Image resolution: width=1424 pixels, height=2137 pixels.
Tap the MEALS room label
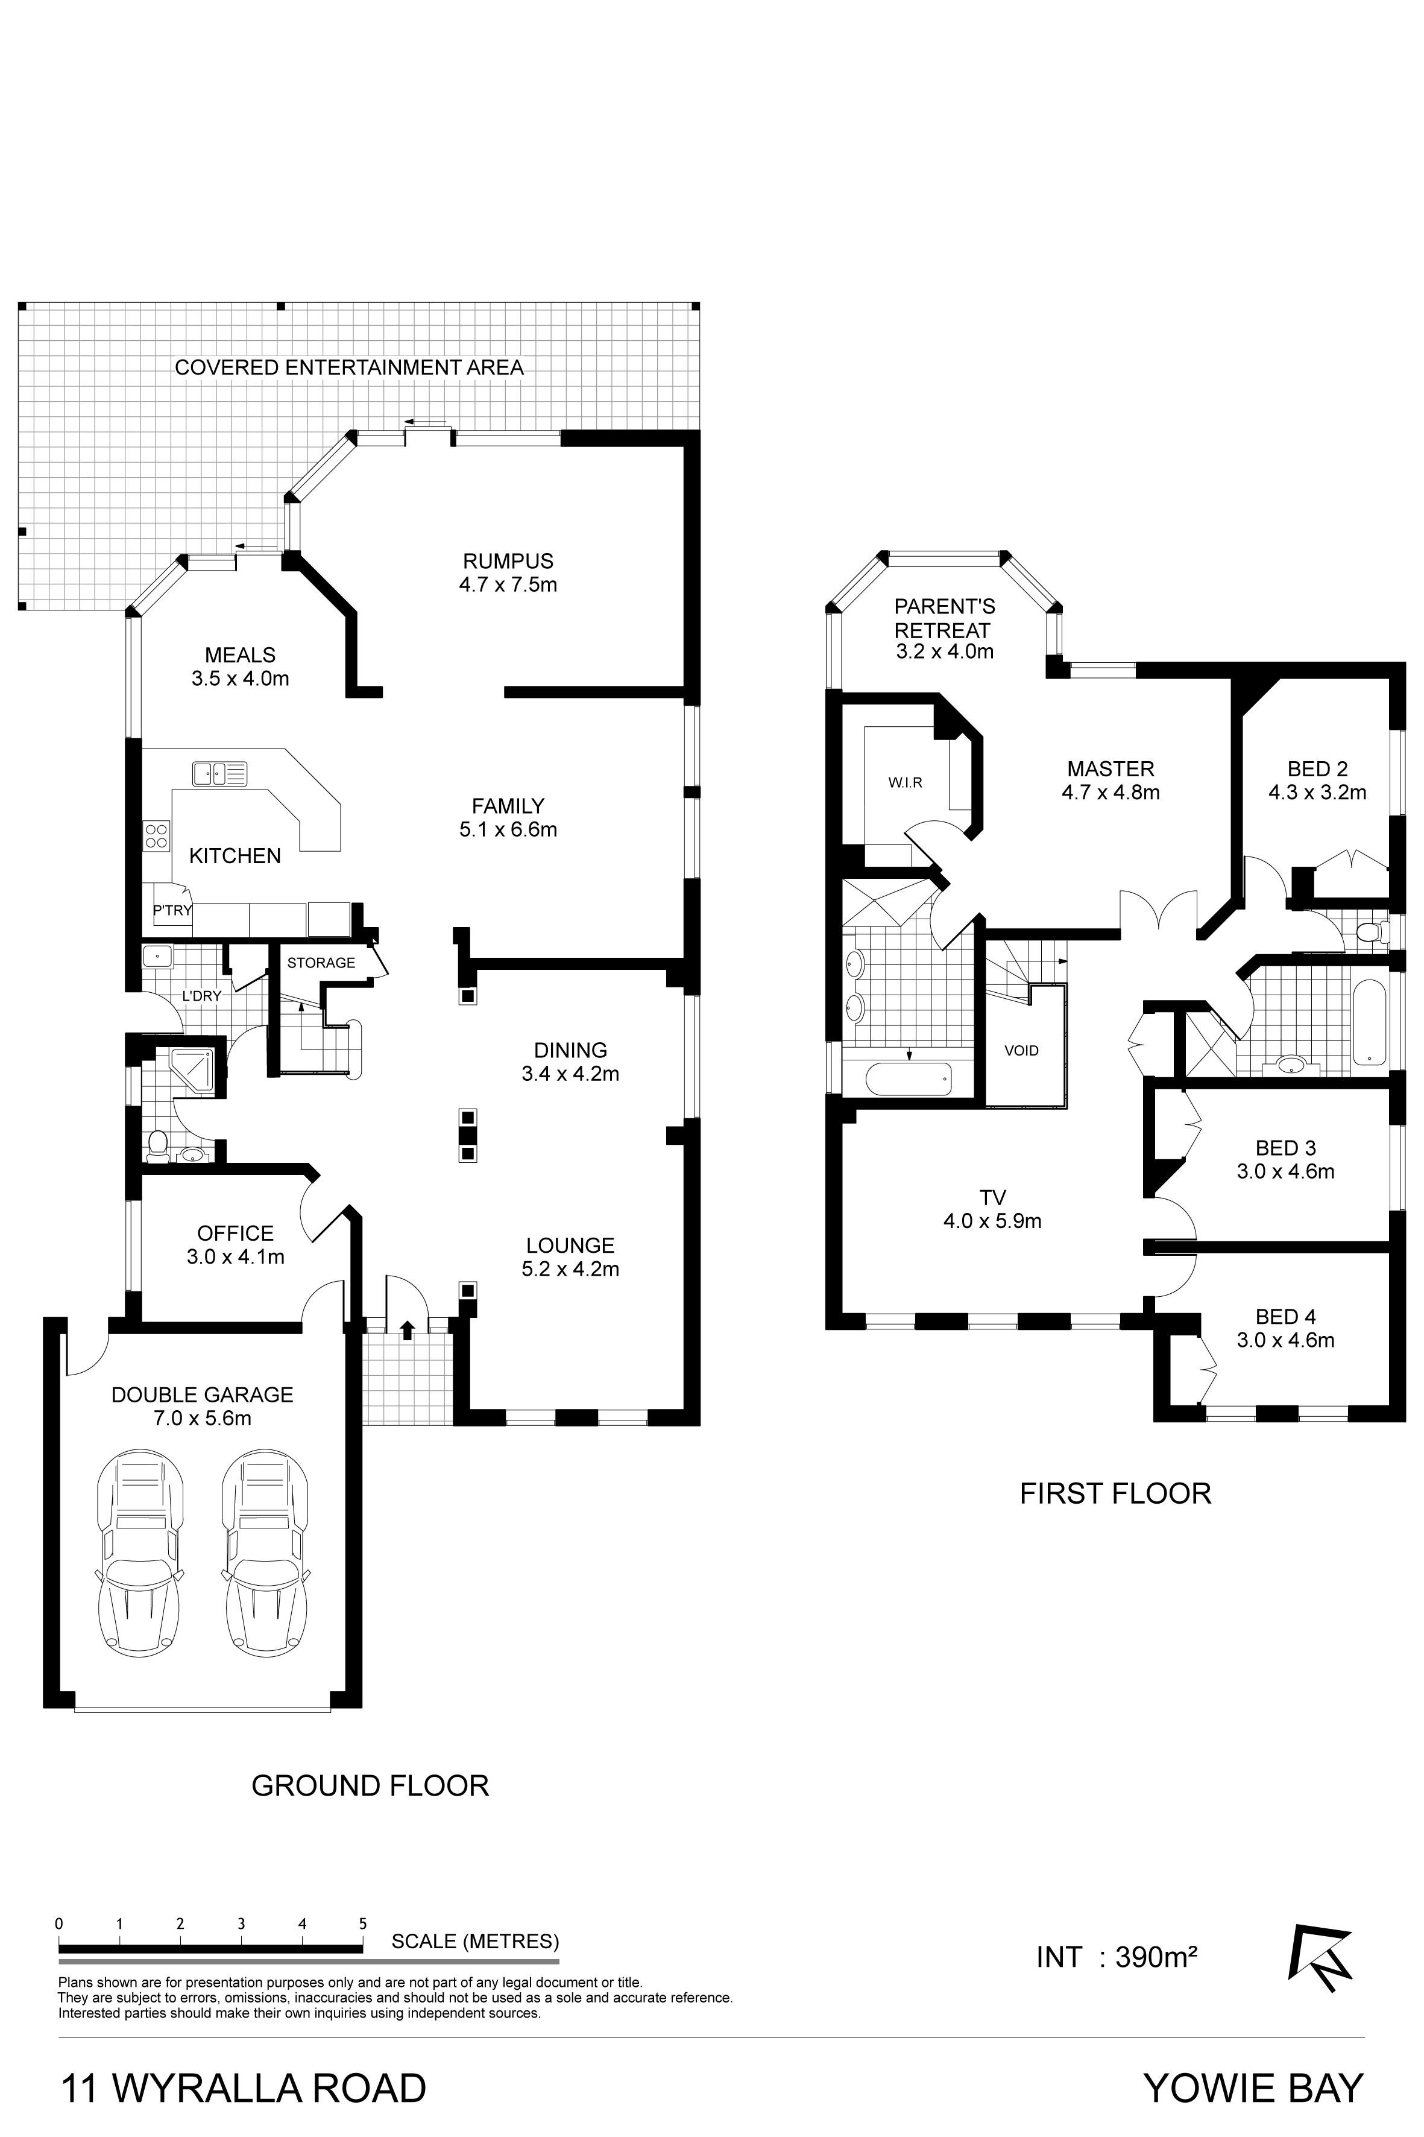click(240, 654)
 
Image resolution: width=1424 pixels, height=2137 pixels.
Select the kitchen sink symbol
click(219, 774)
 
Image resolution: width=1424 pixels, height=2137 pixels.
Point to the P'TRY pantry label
click(172, 910)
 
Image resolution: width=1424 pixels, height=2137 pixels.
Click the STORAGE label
click(321, 962)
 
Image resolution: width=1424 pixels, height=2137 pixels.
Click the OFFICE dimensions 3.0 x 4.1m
click(235, 1256)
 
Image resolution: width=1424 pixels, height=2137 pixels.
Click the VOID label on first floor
click(1022, 1050)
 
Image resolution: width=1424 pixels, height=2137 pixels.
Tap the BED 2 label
click(1317, 768)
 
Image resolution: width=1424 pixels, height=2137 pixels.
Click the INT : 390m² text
click(1116, 1956)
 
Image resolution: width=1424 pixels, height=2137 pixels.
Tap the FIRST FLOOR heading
click(1115, 1493)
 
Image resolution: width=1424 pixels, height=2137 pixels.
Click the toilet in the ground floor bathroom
click(158, 1147)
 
